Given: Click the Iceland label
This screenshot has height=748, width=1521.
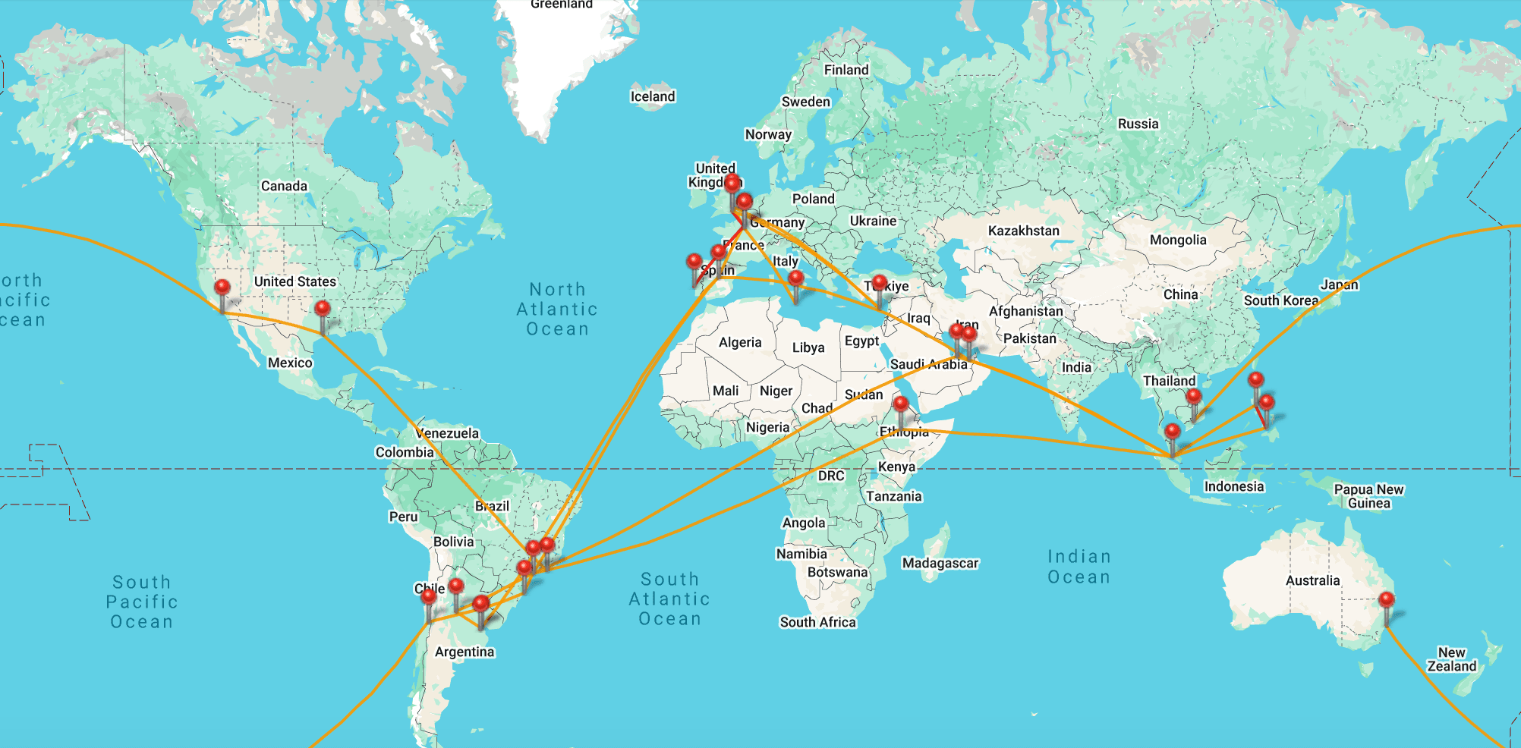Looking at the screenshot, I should [652, 96].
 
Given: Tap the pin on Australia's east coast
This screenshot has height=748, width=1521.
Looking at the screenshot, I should [1387, 601].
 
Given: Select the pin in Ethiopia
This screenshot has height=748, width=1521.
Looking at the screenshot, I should [901, 404].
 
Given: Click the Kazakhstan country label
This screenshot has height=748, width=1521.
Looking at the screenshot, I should [1023, 231].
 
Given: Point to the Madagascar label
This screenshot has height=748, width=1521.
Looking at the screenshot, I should [940, 563].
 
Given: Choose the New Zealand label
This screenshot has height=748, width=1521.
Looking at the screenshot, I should [1451, 659].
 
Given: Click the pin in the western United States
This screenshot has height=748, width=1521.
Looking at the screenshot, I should [222, 288].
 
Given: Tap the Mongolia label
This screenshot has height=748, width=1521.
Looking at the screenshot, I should [1177, 240].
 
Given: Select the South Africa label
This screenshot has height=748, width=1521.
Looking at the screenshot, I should [817, 622].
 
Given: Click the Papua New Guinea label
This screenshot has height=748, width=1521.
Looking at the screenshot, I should [1368, 496].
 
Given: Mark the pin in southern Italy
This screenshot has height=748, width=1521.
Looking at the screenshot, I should [795, 278].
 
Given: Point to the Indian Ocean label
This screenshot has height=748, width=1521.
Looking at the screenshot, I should [1079, 567].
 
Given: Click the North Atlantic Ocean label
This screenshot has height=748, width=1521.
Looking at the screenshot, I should [557, 310].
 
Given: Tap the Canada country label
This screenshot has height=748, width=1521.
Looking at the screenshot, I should [284, 186].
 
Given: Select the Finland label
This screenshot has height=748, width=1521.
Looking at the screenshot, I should [846, 70].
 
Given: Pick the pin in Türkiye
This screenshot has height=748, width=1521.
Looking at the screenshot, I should [879, 284].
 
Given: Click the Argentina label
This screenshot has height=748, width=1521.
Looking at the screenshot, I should [464, 652].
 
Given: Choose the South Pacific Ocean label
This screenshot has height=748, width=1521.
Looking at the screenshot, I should [142, 602].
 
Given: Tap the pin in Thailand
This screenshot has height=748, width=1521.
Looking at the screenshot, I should [1194, 397].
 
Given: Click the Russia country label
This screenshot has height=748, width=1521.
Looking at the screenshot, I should [1138, 124].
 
